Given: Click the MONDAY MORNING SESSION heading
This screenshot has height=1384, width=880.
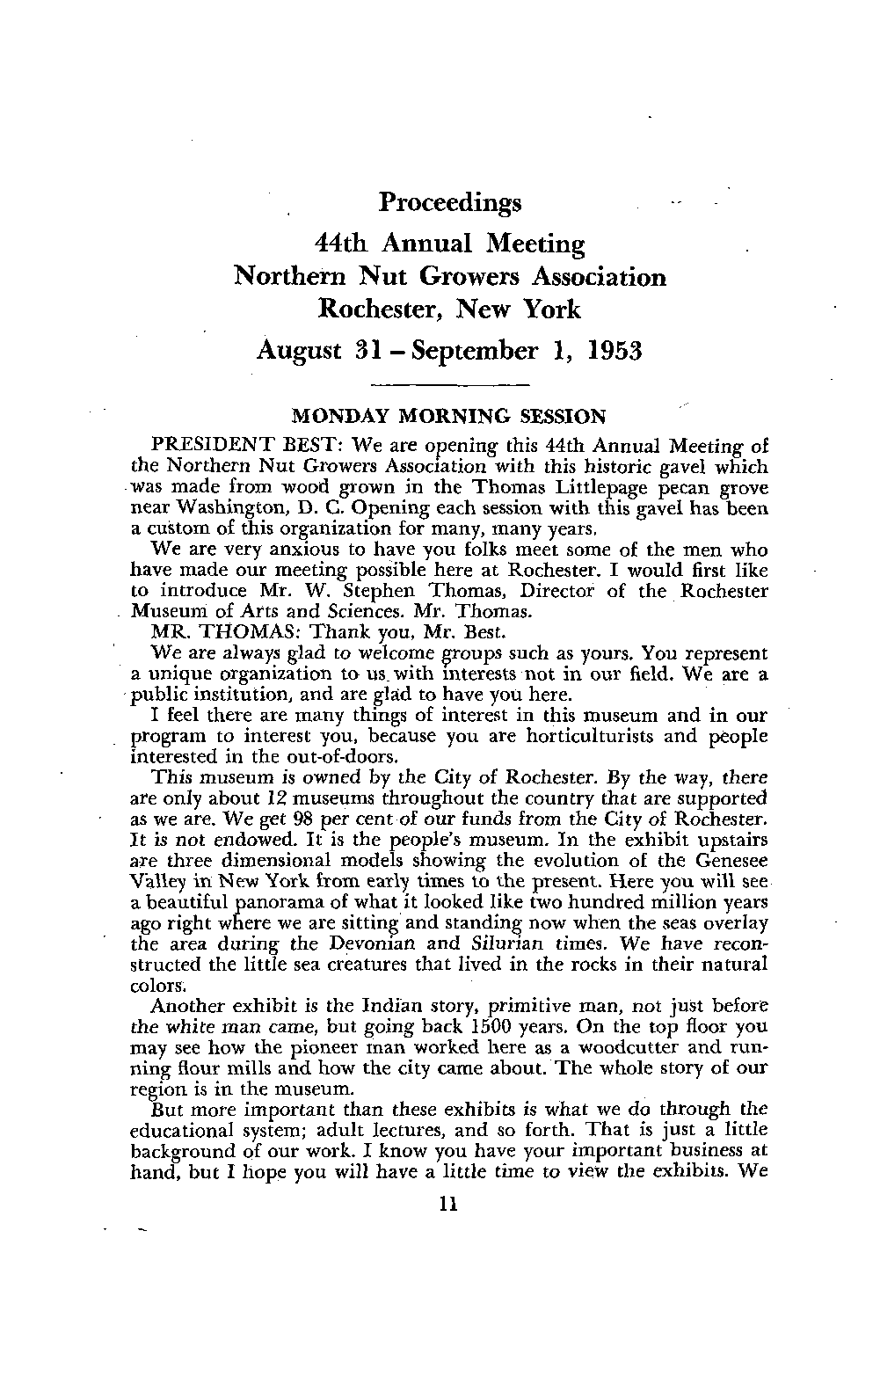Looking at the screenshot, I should [x=448, y=415].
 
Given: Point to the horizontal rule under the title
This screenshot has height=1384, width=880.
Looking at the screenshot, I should [x=450, y=385].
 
